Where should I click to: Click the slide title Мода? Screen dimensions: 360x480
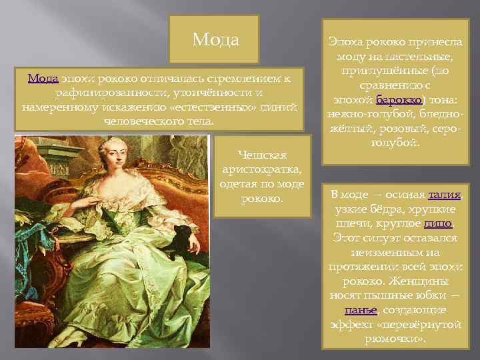(x=215, y=40)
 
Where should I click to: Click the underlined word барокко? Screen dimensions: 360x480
(x=399, y=101)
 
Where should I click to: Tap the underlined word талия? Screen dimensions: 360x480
(x=445, y=195)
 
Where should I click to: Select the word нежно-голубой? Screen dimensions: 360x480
(x=361, y=115)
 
